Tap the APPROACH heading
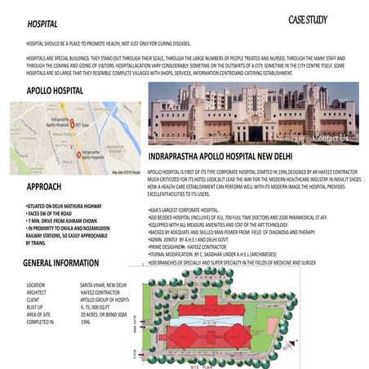(x=50, y=187)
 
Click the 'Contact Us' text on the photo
(x=330, y=138)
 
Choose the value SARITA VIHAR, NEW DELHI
(x=104, y=285)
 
